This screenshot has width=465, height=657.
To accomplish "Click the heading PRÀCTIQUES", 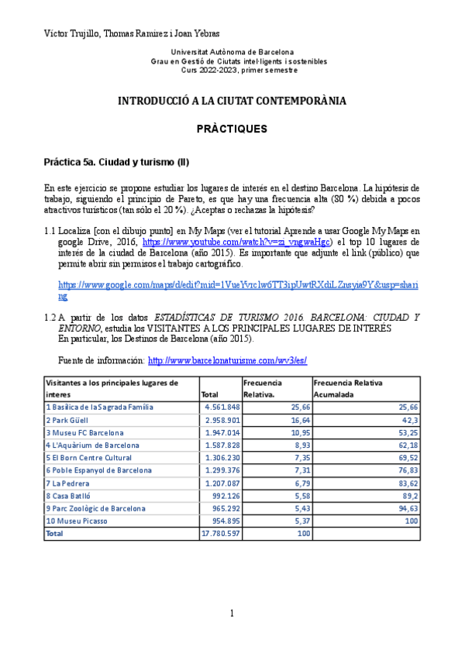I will (x=232, y=128).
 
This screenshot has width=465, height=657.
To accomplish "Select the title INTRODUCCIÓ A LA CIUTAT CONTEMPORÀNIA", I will (x=232, y=101).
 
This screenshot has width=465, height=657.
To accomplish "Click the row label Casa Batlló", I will (x=70, y=495).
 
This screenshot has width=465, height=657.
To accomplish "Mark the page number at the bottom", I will (x=232, y=614).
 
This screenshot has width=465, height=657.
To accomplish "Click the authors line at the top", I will (x=132, y=33).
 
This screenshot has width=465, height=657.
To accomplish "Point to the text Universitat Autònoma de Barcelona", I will (x=232, y=52).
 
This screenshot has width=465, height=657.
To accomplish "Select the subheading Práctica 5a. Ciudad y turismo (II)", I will (x=116, y=163).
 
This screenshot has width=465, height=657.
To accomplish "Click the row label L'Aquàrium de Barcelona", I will (x=93, y=445).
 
